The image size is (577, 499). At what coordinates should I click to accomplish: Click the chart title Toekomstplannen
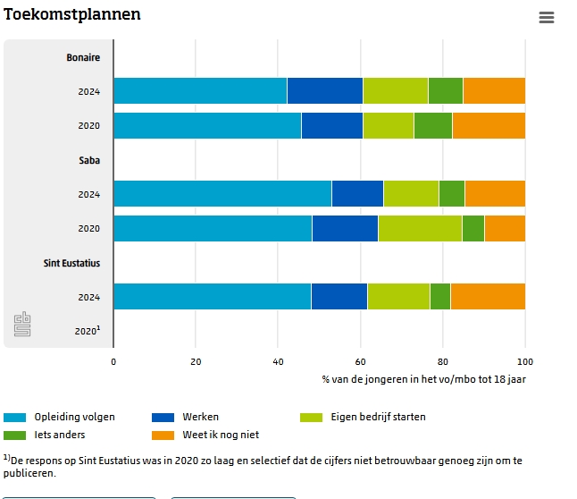click(72, 15)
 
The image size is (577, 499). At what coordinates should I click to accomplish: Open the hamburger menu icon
click(547, 18)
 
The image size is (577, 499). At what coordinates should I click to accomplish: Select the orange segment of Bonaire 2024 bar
click(494, 91)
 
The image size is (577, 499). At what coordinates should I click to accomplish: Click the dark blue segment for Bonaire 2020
click(332, 125)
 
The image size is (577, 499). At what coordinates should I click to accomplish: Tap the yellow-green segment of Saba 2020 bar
click(420, 228)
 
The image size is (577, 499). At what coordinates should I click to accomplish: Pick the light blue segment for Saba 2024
click(222, 194)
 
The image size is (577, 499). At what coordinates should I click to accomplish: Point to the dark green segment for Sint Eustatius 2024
click(439, 296)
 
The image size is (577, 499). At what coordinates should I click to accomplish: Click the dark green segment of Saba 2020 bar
click(472, 228)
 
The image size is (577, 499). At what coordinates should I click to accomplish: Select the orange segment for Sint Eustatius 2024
click(488, 296)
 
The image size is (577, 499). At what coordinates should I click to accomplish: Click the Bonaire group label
click(83, 58)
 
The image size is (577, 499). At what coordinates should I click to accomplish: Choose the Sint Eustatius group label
click(71, 263)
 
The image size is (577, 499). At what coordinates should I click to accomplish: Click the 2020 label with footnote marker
click(87, 331)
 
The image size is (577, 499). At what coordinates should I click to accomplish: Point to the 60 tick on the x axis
click(361, 361)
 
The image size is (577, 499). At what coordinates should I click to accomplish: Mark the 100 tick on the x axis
click(525, 361)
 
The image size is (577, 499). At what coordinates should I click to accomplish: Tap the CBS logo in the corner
click(22, 325)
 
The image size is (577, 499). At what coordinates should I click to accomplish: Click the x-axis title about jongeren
click(423, 378)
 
